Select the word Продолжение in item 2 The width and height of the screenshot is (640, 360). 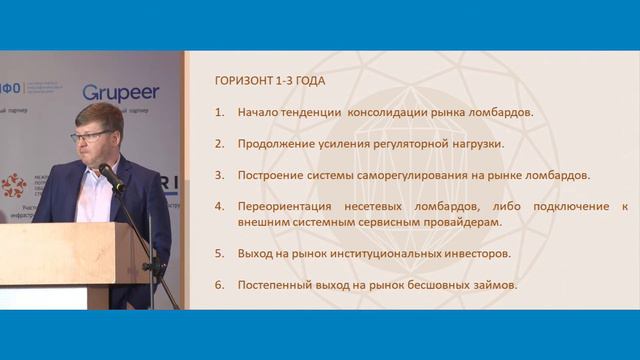pyautogui.click(x=277, y=143)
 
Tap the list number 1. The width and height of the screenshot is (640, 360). pyautogui.click(x=219, y=112)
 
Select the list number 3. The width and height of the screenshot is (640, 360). pyautogui.click(x=219, y=175)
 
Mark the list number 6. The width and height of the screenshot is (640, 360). pyautogui.click(x=219, y=285)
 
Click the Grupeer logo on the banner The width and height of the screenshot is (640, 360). pyautogui.click(x=120, y=92)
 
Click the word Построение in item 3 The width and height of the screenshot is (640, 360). pyautogui.click(x=273, y=175)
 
